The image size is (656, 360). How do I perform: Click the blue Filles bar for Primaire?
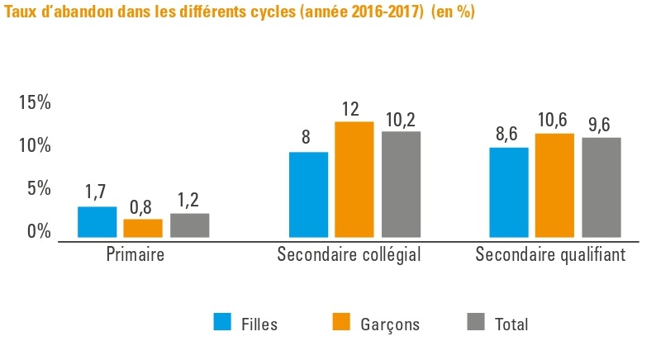coord(97,222)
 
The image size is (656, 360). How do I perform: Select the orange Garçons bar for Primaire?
coord(143,228)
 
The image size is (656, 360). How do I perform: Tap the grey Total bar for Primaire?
coord(189,225)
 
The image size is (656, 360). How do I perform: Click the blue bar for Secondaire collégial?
coord(308,195)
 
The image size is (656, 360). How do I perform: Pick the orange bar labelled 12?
coord(354,179)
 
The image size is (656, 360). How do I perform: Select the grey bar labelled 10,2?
coord(401,184)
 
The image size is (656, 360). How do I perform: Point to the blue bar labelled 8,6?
coord(509,192)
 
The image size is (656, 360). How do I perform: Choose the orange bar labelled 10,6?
coord(554,185)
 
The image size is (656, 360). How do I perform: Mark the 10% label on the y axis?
coord(36,146)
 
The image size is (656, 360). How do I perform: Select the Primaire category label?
coord(135,254)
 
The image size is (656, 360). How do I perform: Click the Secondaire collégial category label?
coord(349,254)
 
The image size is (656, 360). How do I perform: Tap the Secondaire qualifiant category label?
coord(550,254)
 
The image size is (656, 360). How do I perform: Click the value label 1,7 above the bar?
coord(97,192)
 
